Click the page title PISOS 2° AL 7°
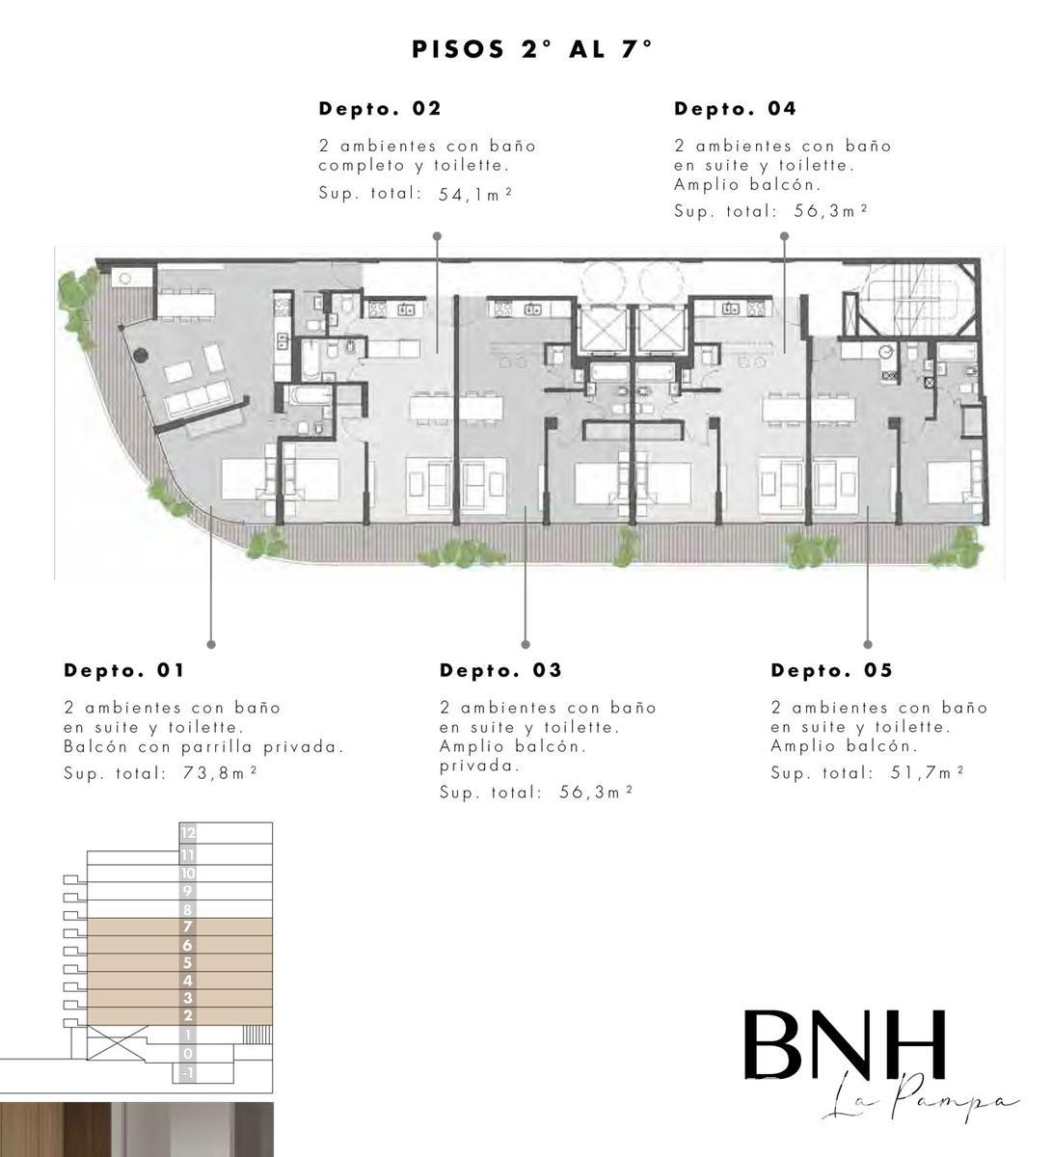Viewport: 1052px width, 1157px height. (531, 49)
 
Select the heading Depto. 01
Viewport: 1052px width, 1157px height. (124, 670)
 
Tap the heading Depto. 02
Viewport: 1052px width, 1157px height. (380, 108)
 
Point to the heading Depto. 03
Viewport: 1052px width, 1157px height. (500, 670)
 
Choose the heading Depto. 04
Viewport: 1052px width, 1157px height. (735, 108)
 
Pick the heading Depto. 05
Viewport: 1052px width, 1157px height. (831, 670)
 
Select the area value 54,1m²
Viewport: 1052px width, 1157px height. (475, 194)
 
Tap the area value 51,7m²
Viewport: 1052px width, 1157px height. (927, 772)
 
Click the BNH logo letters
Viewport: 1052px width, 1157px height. (845, 1043)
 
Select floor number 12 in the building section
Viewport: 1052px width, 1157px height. (188, 833)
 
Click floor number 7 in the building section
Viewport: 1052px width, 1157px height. (188, 927)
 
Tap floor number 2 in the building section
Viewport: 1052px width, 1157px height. (188, 1015)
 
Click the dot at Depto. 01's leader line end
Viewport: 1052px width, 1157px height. (211, 644)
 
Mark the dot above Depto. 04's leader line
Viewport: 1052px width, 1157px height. (784, 236)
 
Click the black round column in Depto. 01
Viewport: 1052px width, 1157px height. (140, 355)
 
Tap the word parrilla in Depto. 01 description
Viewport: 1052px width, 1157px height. (217, 747)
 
